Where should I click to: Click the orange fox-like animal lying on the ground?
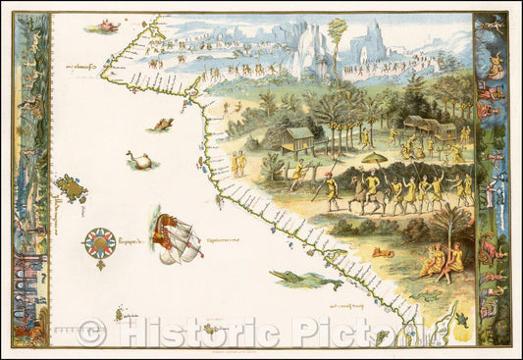point(380,253)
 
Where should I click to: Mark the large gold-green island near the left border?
point(71,187)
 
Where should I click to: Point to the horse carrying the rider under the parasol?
point(370,186)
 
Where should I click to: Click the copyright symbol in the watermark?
point(91,334)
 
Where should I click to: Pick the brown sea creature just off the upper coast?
point(162,125)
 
